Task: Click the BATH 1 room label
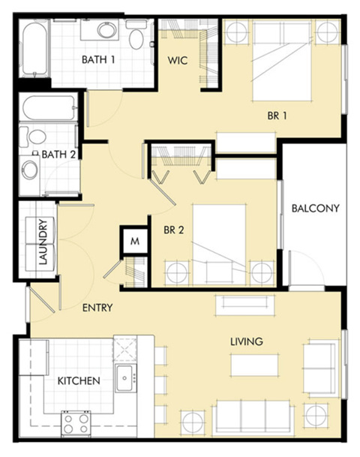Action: (99, 59)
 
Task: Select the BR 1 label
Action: (277, 116)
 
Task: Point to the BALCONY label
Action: (315, 209)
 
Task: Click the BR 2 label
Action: (174, 230)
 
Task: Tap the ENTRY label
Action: (97, 307)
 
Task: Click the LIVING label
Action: (247, 341)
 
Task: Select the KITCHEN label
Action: (79, 380)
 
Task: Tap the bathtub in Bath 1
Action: (34, 49)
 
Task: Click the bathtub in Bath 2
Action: (49, 109)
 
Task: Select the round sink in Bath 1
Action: (106, 31)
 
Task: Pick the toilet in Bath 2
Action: (34, 137)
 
